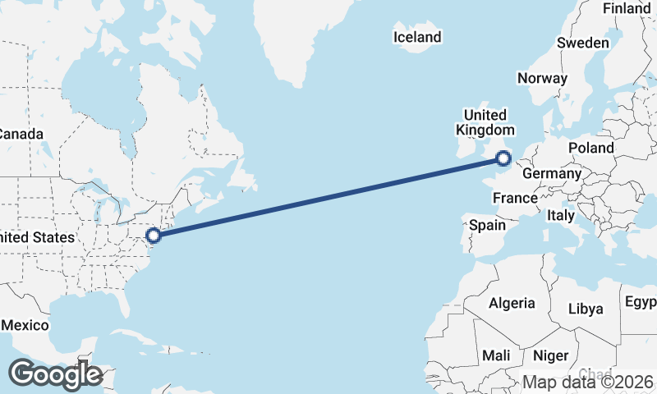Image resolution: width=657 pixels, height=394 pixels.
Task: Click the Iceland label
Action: point(417,37)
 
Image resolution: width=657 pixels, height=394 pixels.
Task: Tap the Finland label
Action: point(626,8)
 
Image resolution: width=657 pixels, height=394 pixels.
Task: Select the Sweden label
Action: point(582,43)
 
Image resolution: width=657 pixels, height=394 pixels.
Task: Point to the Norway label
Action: point(542,79)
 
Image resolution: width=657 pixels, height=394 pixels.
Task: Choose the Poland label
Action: point(591,148)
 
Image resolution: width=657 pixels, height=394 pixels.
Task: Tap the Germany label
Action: point(551,174)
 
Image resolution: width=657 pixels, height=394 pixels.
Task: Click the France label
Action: point(515,198)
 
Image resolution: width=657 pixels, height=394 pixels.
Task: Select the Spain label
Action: point(487,225)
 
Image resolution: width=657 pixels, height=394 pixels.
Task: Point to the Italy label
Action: point(561,215)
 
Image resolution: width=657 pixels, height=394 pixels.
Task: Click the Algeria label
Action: point(512,303)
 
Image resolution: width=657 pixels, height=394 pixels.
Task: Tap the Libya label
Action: point(586,309)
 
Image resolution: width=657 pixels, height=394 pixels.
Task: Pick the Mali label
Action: point(496,355)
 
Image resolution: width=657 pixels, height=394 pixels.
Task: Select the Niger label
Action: point(550,355)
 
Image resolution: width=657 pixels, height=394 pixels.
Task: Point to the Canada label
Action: point(21,134)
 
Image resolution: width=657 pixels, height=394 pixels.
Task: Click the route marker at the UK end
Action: point(503,158)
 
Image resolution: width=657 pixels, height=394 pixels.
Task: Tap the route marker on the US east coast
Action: point(153,236)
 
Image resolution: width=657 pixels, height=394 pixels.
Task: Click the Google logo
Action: point(55,374)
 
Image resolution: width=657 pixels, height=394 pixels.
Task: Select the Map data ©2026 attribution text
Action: point(587,383)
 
